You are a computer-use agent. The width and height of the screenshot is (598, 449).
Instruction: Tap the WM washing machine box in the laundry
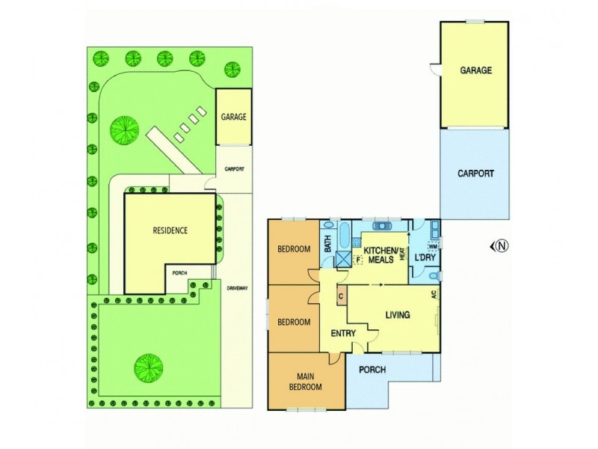click(433, 246)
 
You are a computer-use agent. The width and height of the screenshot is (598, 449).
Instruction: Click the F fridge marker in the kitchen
click(359, 260)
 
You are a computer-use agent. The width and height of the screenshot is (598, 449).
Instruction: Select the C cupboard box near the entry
click(341, 295)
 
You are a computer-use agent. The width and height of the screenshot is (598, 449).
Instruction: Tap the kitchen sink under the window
click(381, 224)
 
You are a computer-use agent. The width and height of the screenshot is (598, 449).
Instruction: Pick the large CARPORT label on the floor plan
click(475, 173)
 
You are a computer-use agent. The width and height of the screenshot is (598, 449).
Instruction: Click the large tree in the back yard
click(124, 128)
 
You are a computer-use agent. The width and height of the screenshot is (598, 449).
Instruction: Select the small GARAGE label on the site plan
click(233, 117)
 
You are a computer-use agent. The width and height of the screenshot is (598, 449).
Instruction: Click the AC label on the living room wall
click(434, 295)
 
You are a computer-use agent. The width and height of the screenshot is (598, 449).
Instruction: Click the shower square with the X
click(343, 259)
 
